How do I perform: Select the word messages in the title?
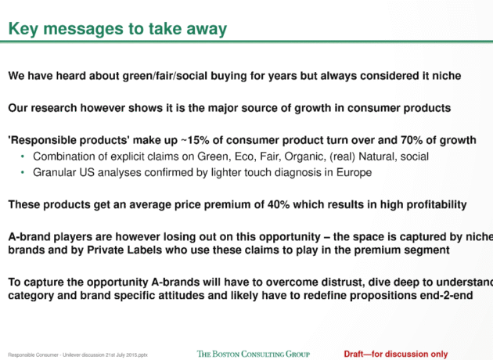tap(85, 29)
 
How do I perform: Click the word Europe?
tap(352, 172)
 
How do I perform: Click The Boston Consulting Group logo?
tap(253, 354)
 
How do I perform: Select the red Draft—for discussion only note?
tap(396, 354)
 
